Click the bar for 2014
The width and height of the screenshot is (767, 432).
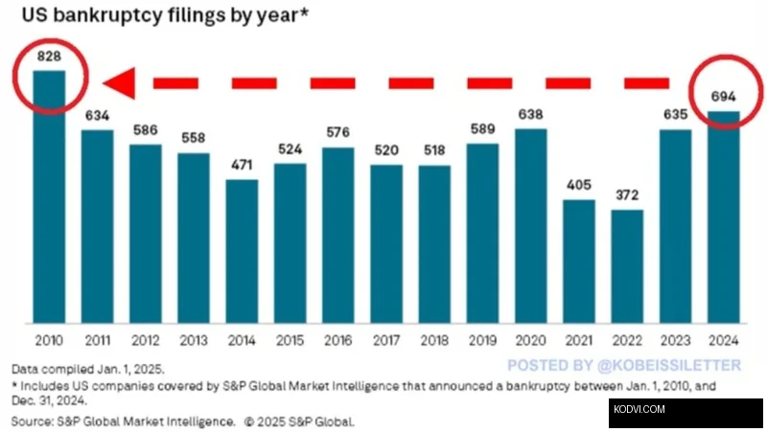coord(242,251)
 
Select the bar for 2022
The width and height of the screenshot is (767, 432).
coord(627,266)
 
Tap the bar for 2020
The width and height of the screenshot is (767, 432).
coord(530,226)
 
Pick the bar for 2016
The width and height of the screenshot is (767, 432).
coord(337,236)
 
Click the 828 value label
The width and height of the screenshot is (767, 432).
coord(49,57)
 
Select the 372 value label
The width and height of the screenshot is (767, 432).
coord(627,196)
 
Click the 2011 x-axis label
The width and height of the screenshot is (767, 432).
coord(97,342)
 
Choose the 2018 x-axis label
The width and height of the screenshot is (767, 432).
coord(434,342)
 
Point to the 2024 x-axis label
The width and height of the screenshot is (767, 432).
coord(723,342)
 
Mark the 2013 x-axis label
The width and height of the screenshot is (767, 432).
coord(194,342)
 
